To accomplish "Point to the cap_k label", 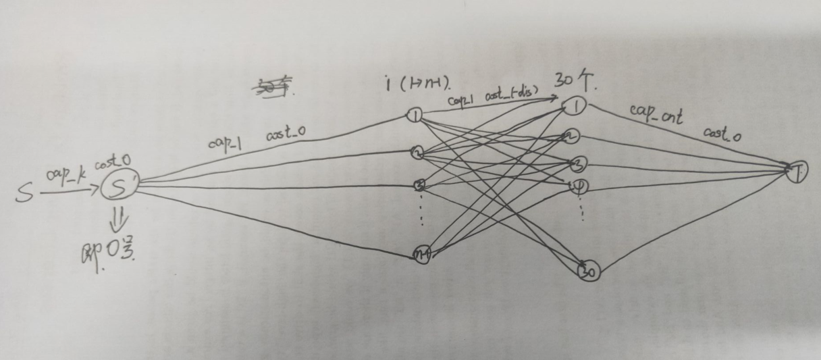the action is tap(65, 175).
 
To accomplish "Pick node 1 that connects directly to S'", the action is tap(414, 115).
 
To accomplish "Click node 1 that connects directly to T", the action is tap(576, 106).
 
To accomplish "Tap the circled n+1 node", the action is tap(423, 255).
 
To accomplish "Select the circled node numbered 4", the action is tap(579, 186).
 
